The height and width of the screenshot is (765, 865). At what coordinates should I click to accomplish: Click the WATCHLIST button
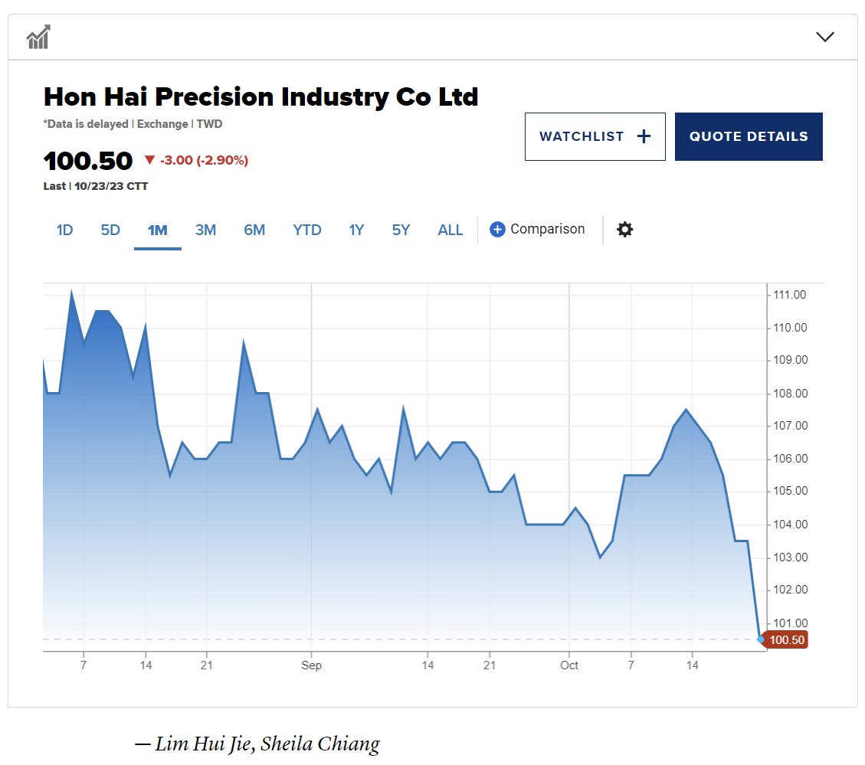(x=595, y=136)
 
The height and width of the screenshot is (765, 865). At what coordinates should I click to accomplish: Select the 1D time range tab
(x=65, y=230)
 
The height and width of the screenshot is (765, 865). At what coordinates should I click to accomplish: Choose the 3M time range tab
(x=205, y=230)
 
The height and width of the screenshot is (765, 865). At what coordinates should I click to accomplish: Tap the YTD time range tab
(x=306, y=230)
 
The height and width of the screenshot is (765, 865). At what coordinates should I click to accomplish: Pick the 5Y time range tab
(x=401, y=230)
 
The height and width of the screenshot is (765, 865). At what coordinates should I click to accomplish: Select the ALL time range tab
(x=451, y=230)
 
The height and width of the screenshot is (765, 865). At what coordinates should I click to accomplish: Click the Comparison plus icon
(x=497, y=229)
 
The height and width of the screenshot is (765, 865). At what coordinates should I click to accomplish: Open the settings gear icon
(x=625, y=229)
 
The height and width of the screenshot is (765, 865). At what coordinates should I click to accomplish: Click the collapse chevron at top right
(x=825, y=37)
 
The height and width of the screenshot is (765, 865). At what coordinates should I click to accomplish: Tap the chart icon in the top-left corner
(x=38, y=37)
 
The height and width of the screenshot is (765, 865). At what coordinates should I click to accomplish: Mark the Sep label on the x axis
(x=311, y=665)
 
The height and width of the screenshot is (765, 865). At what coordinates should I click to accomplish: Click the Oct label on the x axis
(x=568, y=665)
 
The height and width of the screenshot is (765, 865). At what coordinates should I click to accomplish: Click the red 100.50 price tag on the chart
(x=787, y=639)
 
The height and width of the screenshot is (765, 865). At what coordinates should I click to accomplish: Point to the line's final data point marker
(x=760, y=639)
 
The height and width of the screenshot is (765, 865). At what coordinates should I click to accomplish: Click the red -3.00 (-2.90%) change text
(x=204, y=160)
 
